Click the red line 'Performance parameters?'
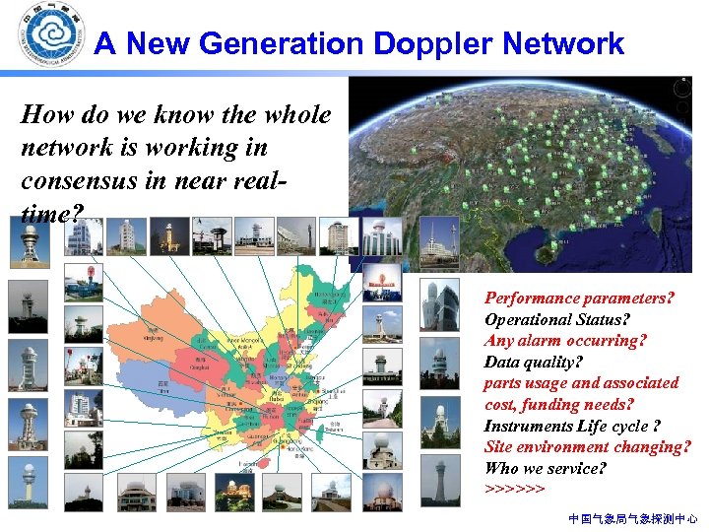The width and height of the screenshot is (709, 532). click(x=579, y=298)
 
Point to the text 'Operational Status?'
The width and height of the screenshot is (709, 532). click(x=556, y=319)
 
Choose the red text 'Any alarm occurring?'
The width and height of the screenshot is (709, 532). click(x=565, y=340)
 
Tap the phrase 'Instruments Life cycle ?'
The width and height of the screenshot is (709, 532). click(x=571, y=426)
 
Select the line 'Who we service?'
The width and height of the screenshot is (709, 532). click(x=545, y=468)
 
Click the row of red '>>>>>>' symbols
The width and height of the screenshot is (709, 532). click(x=514, y=489)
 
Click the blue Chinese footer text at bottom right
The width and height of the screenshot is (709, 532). click(x=633, y=517)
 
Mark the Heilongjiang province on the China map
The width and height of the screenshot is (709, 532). click(x=329, y=296)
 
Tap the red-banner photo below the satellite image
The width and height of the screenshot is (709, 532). click(x=382, y=283)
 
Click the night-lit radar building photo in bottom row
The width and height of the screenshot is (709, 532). click(x=231, y=491)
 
